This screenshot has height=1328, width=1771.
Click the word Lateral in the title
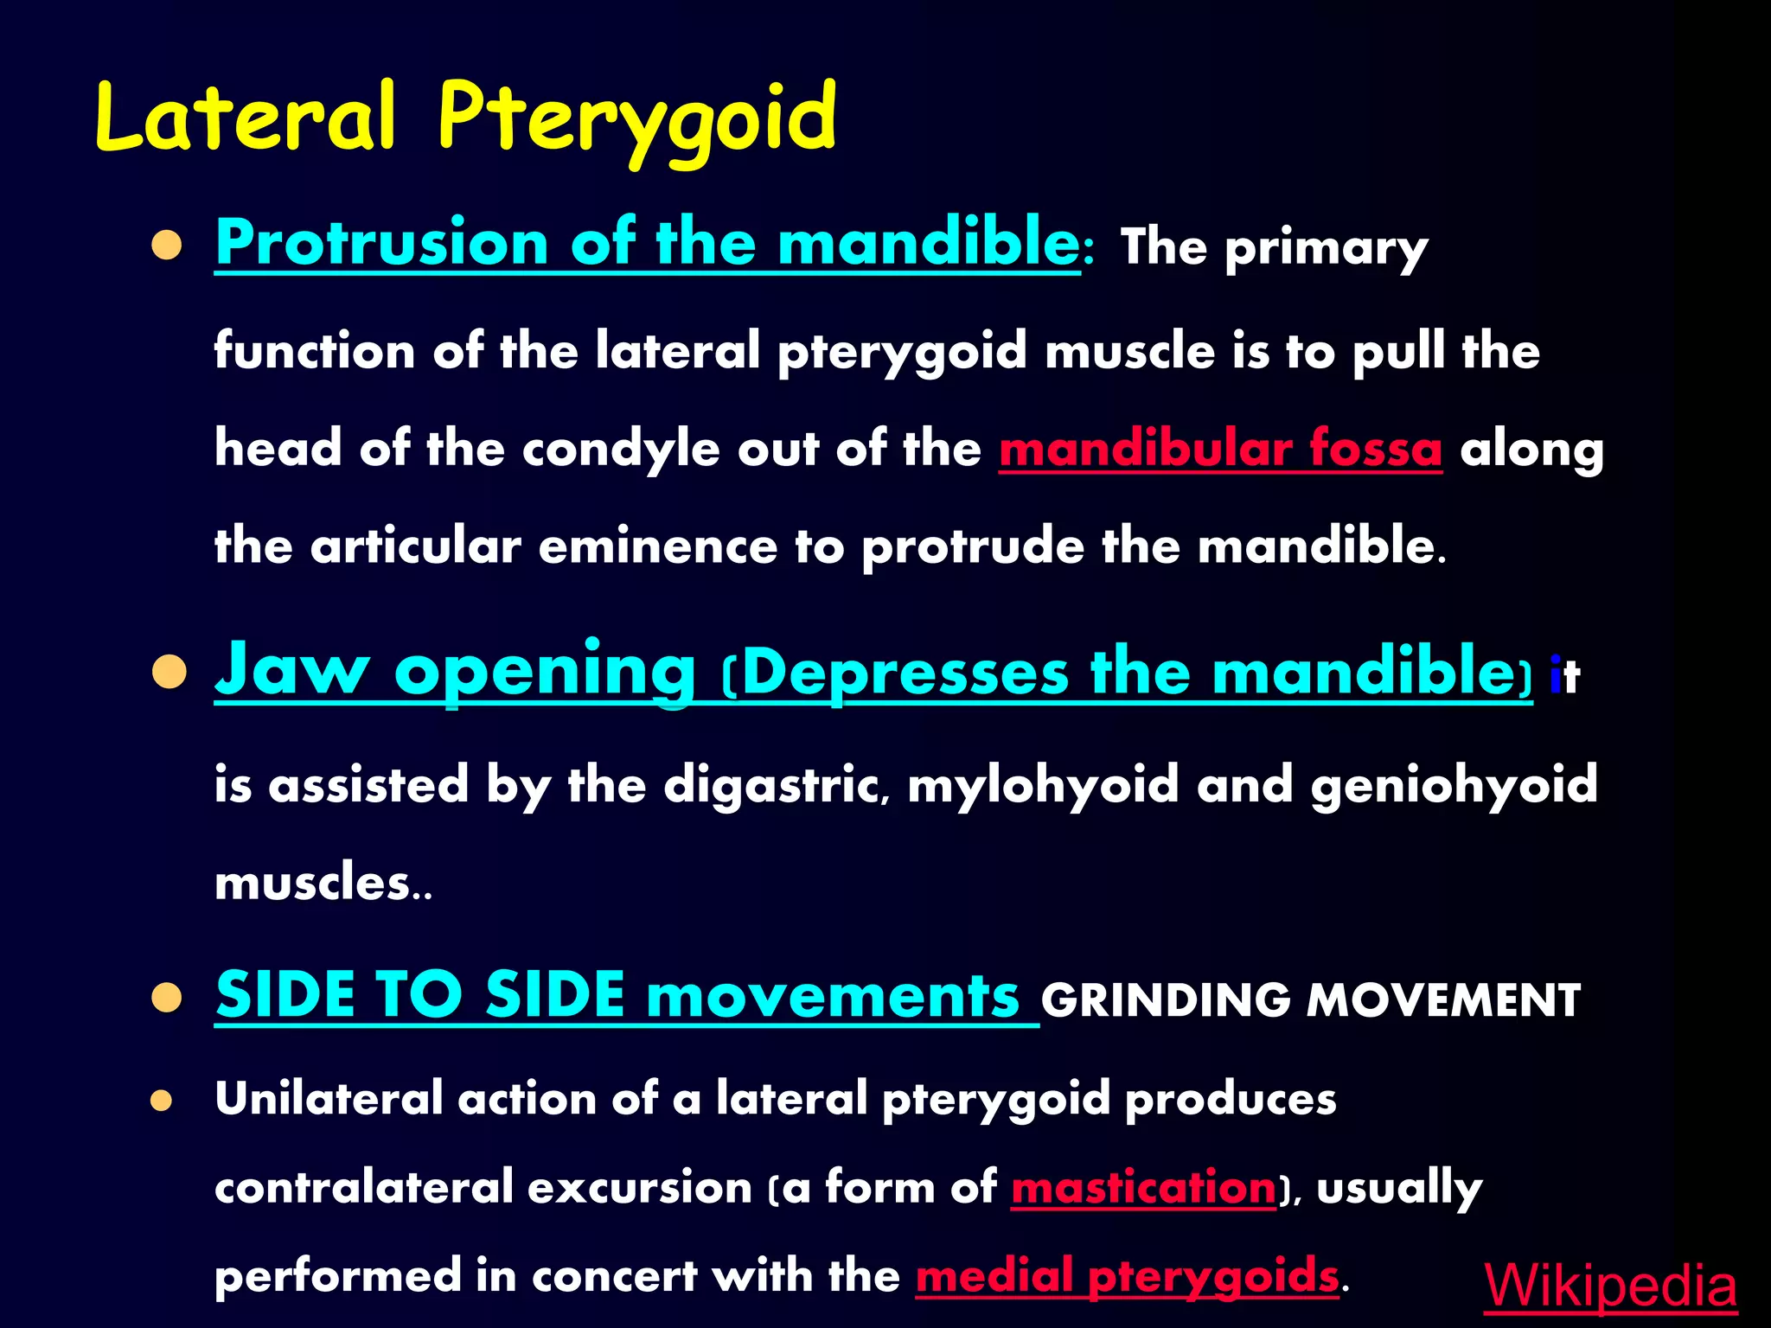click(x=246, y=117)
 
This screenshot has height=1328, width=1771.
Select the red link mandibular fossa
click(x=1220, y=450)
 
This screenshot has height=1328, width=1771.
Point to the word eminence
click(x=657, y=546)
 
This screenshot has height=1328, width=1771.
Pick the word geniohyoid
click(x=1454, y=785)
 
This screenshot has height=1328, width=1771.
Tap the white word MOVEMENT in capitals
click(x=1442, y=1000)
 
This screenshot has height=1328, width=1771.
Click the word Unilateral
click(x=329, y=1099)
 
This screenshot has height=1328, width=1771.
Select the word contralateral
click(x=363, y=1187)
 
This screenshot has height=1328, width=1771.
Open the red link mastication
click(x=1143, y=1187)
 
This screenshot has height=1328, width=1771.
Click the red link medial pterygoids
click(x=1127, y=1276)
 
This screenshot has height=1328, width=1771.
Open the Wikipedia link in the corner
click(x=1610, y=1286)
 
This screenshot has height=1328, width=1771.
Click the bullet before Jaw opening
click(x=169, y=672)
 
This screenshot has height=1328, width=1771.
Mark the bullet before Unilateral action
click(x=162, y=1101)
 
